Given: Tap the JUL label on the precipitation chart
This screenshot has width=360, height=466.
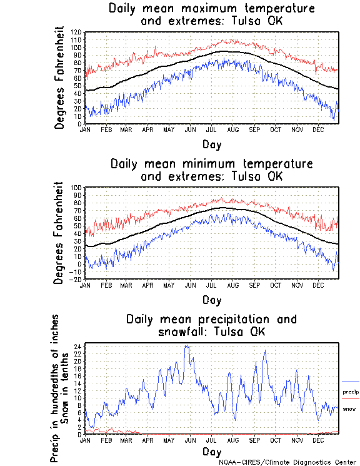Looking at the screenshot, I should [212, 440].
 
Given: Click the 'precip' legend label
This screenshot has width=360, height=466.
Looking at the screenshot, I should [351, 392].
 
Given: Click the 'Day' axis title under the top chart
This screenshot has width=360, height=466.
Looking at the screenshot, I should [211, 144].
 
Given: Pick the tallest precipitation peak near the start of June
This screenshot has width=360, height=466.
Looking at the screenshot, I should [186, 345].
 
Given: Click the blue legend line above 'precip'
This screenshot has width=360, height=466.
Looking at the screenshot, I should [351, 382].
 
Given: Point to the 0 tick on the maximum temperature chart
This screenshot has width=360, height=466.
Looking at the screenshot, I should [81, 124].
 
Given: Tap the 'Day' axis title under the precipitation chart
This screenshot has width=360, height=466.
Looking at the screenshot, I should [211, 451].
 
